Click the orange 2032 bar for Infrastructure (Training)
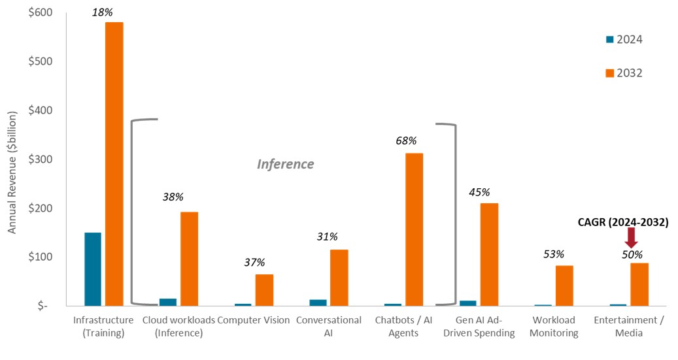pyautogui.click(x=114, y=163)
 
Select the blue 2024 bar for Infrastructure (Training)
pyautogui.click(x=93, y=269)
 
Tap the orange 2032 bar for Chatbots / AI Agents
pyautogui.click(x=414, y=229)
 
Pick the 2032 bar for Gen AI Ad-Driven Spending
pyautogui.click(x=489, y=254)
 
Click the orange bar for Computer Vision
pyautogui.click(x=264, y=289)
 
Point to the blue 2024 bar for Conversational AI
pyautogui.click(x=318, y=303)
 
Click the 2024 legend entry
pyautogui.click(x=624, y=40)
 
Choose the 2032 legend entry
pyautogui.click(x=624, y=73)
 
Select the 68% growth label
pyautogui.click(x=406, y=140)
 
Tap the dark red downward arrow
pyautogui.click(x=631, y=238)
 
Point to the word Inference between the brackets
pyautogui.click(x=285, y=164)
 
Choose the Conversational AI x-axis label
pyautogui.click(x=328, y=326)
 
